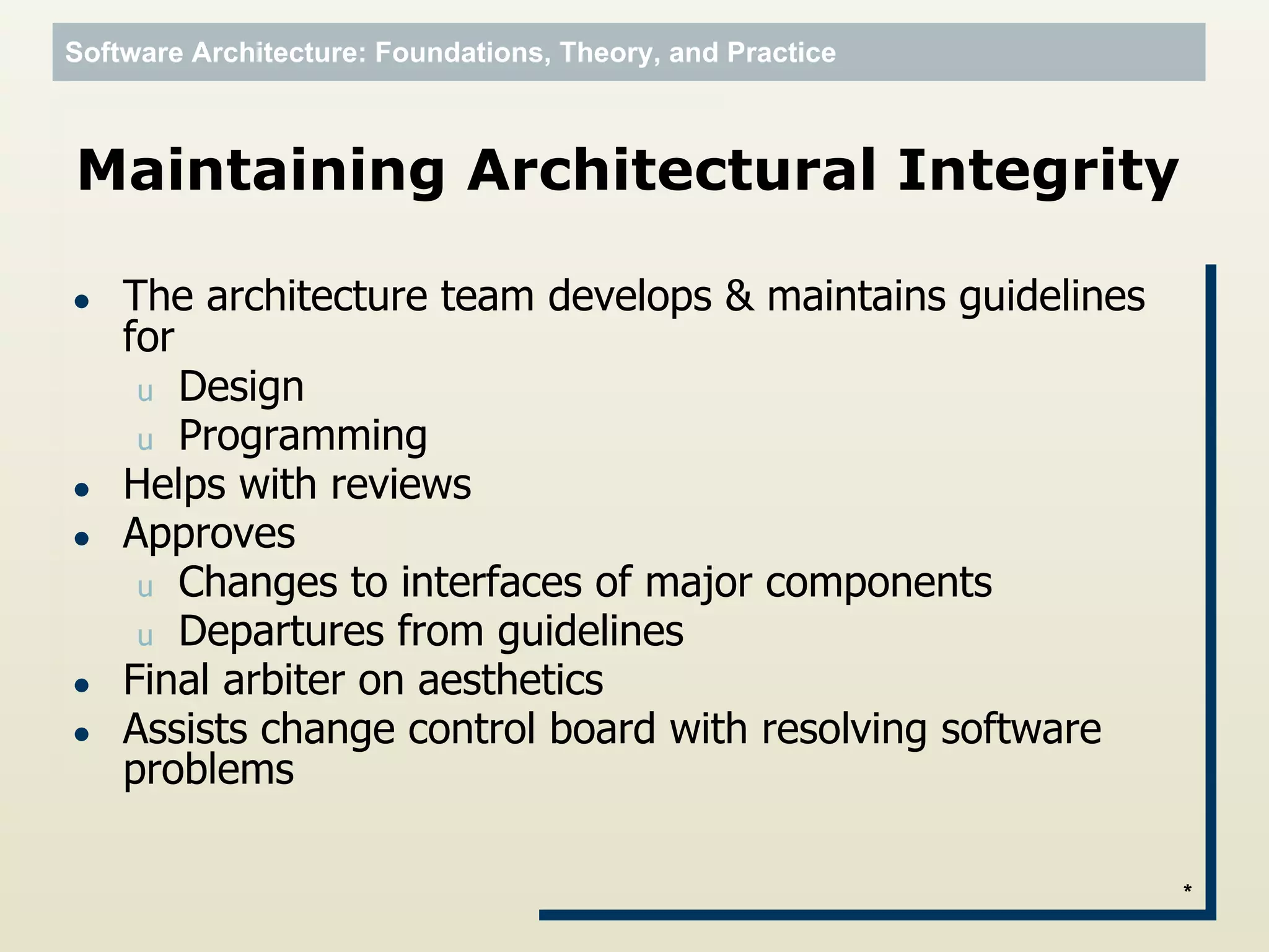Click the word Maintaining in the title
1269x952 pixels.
(x=261, y=171)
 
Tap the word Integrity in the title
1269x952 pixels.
(x=1037, y=171)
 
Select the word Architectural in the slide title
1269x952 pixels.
(x=670, y=171)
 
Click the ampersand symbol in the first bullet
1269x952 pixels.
(x=739, y=296)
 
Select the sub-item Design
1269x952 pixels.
(x=241, y=387)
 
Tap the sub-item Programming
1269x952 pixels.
(x=302, y=436)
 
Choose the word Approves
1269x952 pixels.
(x=209, y=534)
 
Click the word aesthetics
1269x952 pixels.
(x=510, y=680)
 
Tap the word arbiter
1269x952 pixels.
(x=283, y=680)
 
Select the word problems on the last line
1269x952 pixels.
(x=208, y=770)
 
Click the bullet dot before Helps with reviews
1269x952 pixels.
(x=82, y=490)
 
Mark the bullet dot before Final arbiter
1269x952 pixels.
(x=82, y=685)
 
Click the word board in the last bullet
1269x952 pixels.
(x=602, y=729)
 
